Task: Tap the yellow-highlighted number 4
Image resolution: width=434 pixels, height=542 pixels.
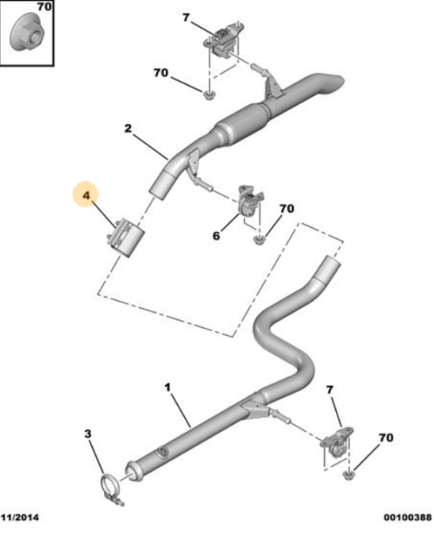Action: (x=86, y=199)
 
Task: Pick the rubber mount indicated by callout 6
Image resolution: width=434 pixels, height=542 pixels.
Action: (x=248, y=204)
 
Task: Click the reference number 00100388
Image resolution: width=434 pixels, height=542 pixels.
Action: (x=406, y=517)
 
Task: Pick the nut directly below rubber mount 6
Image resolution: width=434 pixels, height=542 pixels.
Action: (x=258, y=238)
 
